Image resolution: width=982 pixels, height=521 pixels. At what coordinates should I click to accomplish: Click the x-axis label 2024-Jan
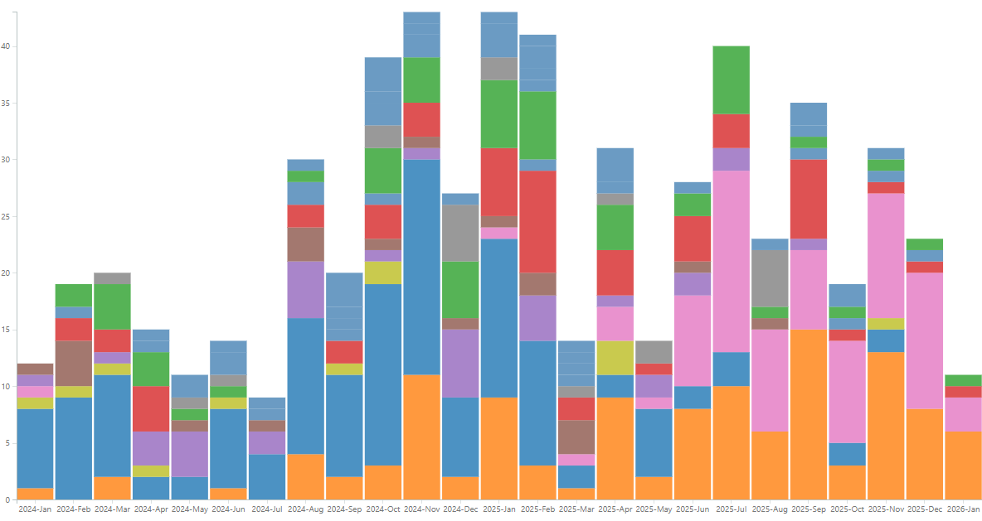click(35, 509)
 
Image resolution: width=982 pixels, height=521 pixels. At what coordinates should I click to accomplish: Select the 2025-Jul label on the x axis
click(731, 509)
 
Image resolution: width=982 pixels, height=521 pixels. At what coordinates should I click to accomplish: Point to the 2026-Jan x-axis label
click(963, 509)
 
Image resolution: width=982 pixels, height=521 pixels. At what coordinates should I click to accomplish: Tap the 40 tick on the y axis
click(7, 46)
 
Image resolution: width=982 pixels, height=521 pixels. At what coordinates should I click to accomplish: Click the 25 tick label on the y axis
click(7, 217)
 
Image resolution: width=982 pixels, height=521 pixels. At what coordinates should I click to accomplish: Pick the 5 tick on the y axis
click(8, 443)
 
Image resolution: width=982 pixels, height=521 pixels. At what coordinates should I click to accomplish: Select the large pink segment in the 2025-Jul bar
click(731, 261)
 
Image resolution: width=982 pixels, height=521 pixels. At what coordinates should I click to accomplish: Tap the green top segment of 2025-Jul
click(731, 80)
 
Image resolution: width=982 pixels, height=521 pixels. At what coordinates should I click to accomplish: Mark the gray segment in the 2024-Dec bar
click(460, 233)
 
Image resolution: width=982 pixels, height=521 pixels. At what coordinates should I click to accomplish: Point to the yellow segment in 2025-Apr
click(615, 352)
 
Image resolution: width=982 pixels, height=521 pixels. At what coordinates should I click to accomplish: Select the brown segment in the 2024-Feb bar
click(74, 363)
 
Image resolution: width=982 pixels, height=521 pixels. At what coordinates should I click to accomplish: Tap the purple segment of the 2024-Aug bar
click(305, 289)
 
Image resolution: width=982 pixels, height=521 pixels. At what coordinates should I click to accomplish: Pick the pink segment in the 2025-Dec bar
click(924, 340)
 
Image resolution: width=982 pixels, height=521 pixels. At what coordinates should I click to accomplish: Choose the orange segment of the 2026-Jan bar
click(963, 466)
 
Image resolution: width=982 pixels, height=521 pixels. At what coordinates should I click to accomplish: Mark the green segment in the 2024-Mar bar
click(112, 306)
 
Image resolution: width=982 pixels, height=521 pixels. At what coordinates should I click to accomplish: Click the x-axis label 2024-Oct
click(382, 509)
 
